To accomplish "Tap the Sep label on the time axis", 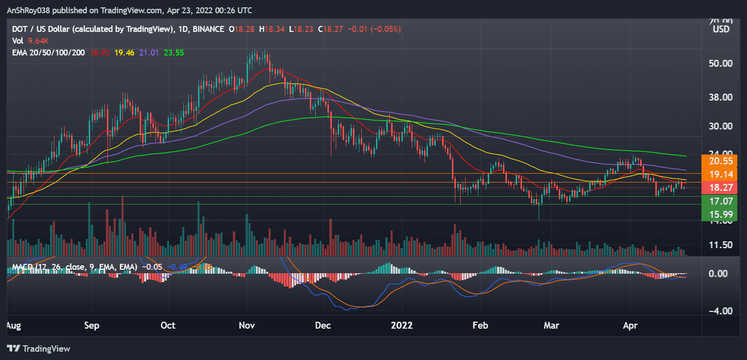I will (x=92, y=326).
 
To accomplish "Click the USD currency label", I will (x=721, y=29).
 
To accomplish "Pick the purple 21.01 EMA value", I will (x=150, y=52).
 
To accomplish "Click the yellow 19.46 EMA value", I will (x=126, y=52).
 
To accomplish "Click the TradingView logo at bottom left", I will (x=39, y=349).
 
